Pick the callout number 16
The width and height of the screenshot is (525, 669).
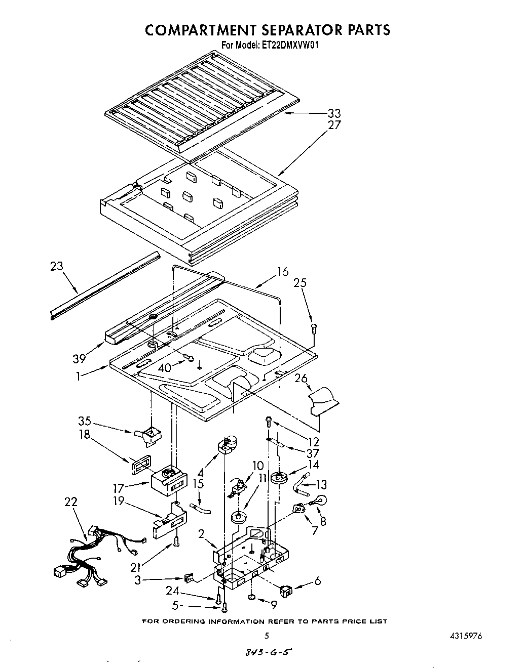[x=282, y=272]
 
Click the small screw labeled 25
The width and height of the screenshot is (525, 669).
[x=314, y=328]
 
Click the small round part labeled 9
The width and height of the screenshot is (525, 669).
[x=252, y=598]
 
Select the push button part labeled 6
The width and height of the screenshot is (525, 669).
[x=287, y=589]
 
